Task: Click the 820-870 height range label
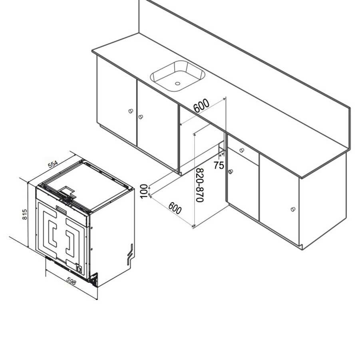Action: pyautogui.click(x=200, y=185)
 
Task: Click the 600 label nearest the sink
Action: pyautogui.click(x=201, y=106)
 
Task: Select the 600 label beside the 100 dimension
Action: pyautogui.click(x=175, y=208)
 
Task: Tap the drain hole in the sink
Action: pyautogui.click(x=177, y=84)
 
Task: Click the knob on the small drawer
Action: pyautogui.click(x=242, y=150)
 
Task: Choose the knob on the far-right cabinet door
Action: pyautogui.click(x=293, y=209)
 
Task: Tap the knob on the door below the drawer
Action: pyautogui.click(x=231, y=172)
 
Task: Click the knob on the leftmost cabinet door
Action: pyautogui.click(x=131, y=111)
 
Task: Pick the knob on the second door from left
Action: pyautogui.click(x=140, y=117)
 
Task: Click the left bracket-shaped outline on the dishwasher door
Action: pyautogui.click(x=52, y=232)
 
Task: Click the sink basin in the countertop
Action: pyautogui.click(x=177, y=76)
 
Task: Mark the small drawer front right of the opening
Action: pyautogui.click(x=242, y=150)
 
